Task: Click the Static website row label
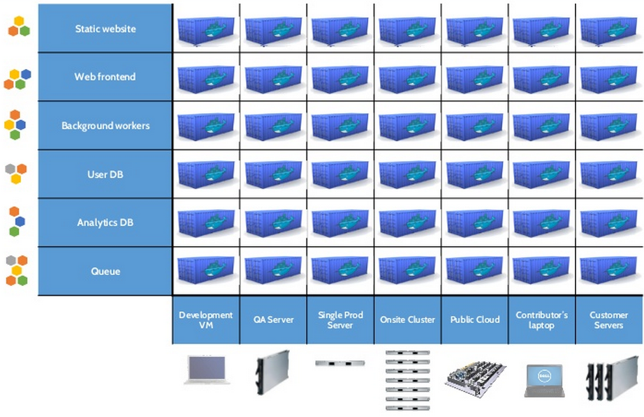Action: click(x=105, y=29)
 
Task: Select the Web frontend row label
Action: click(x=105, y=77)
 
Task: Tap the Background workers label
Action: click(x=105, y=126)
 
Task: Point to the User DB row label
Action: click(x=105, y=174)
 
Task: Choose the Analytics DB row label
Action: click(x=105, y=223)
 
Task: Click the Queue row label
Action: click(x=105, y=271)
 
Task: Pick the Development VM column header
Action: click(x=206, y=320)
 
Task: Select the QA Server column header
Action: click(x=273, y=320)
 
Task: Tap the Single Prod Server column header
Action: click(x=340, y=320)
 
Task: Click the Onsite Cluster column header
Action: click(x=407, y=320)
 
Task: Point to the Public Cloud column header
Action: click(x=474, y=320)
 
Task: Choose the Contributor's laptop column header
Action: click(x=541, y=320)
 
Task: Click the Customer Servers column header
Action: click(x=608, y=320)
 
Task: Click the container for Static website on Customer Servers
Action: click(x=608, y=29)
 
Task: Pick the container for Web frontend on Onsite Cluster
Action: click(x=407, y=77)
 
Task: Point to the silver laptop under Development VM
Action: click(x=207, y=370)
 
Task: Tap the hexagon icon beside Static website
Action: click(x=19, y=26)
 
